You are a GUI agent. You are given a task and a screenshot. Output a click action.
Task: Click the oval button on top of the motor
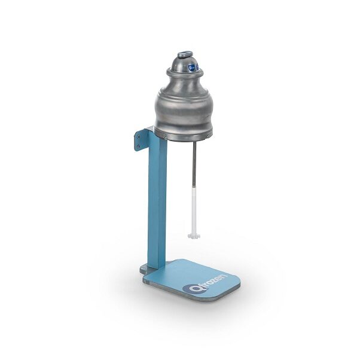point(185,54)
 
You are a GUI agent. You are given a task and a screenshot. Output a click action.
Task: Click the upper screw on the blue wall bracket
point(138,137)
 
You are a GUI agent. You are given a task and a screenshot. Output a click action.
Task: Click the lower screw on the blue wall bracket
point(138,146)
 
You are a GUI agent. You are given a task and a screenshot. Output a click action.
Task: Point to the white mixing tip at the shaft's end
point(194,236)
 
